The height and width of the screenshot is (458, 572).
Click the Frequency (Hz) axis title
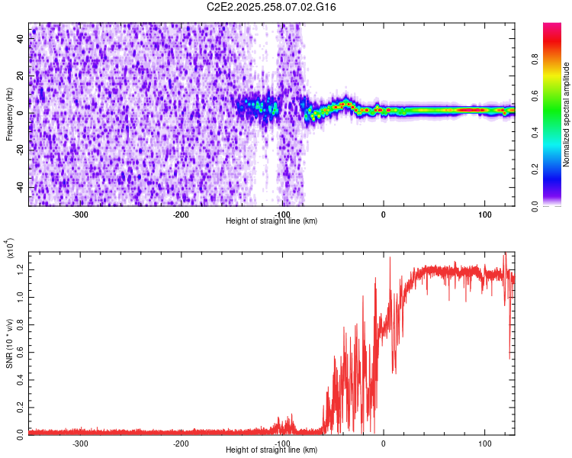point(9,114)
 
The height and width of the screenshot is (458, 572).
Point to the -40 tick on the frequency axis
point(20,187)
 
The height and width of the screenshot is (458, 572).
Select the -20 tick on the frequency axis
point(20,150)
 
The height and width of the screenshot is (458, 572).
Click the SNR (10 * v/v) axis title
point(9,343)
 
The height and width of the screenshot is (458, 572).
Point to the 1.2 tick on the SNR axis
point(21,268)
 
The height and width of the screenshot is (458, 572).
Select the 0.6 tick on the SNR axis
point(21,350)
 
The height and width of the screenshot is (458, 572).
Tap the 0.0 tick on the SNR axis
point(21,433)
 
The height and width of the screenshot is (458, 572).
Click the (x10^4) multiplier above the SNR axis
point(10,248)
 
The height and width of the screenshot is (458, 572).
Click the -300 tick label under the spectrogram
point(81,214)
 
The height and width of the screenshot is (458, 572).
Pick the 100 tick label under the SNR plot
point(484,443)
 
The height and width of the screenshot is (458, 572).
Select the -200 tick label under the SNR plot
point(181,443)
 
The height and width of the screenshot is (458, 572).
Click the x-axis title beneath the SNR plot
point(272,450)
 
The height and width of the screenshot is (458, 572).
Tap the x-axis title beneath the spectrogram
point(272,221)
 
